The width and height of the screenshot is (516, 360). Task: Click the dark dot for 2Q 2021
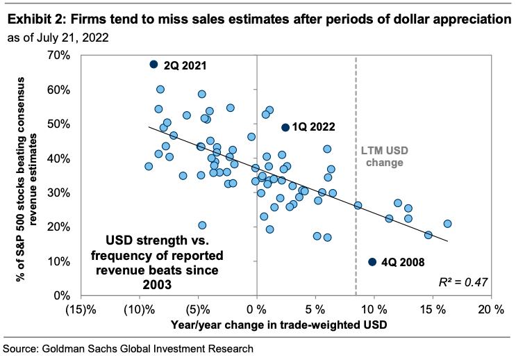click(154, 64)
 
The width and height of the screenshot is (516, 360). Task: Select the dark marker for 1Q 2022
click(285, 127)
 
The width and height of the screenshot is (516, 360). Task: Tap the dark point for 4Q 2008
click(372, 262)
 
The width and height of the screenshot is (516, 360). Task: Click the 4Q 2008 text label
click(407, 263)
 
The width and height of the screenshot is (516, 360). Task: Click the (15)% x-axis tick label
click(81, 308)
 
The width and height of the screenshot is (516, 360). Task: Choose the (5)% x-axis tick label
click(199, 308)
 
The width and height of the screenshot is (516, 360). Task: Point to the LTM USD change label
click(382, 156)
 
